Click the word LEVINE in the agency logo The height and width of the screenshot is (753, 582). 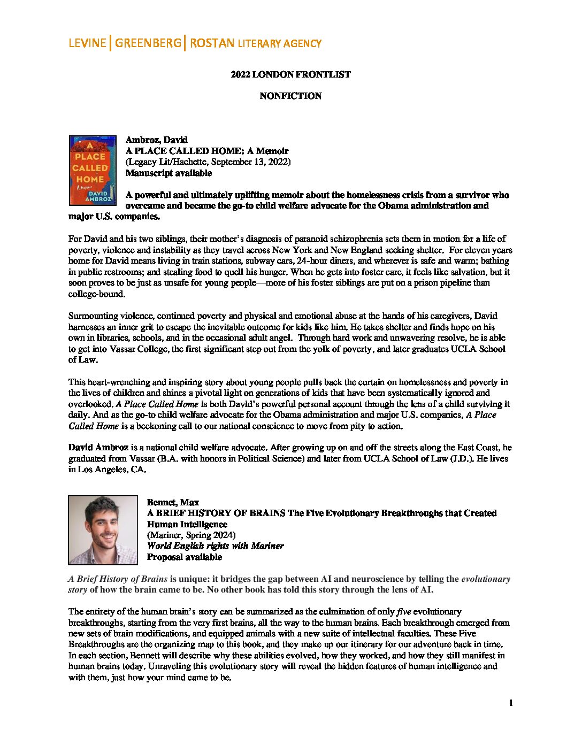(x=87, y=43)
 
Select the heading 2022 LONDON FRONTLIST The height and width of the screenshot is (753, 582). (x=290, y=74)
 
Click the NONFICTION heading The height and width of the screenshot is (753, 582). (x=290, y=96)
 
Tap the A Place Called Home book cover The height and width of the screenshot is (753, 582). (x=93, y=170)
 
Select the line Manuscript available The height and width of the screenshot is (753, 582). (x=169, y=173)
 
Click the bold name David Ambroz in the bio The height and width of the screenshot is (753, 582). (x=98, y=448)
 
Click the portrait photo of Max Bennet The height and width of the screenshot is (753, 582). (x=103, y=530)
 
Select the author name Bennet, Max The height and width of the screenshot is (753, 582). (x=173, y=502)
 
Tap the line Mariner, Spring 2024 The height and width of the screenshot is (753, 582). (x=191, y=535)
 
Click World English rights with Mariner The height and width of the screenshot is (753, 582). (x=215, y=546)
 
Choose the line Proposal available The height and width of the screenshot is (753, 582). (x=184, y=557)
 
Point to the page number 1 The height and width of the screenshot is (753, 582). (x=511, y=703)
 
